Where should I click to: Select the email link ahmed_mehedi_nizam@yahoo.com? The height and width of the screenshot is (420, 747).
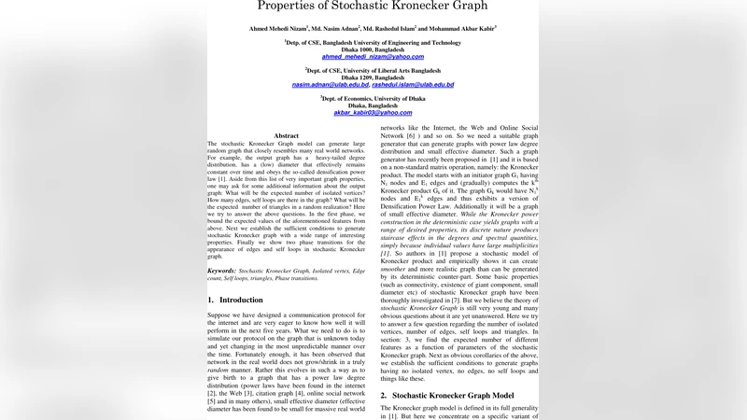coord(373,57)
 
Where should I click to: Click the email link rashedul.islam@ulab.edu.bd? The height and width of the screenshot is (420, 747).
coord(414,85)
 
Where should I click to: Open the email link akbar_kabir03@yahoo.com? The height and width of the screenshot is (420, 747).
coord(373,113)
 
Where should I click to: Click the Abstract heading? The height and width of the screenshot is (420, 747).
coord(288,135)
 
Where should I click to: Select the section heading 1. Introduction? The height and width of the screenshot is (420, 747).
coord(235,300)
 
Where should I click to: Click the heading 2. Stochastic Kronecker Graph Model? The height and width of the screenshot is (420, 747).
coord(455,396)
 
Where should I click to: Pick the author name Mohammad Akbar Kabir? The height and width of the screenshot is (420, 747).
coord(461,28)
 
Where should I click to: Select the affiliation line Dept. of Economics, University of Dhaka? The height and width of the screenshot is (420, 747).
coord(373,98)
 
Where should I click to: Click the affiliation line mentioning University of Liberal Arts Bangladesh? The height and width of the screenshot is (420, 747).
coord(373,70)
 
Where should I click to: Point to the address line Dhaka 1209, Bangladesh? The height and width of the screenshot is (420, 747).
coord(373,77)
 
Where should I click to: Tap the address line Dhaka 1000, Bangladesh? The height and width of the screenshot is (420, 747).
coord(373,49)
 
